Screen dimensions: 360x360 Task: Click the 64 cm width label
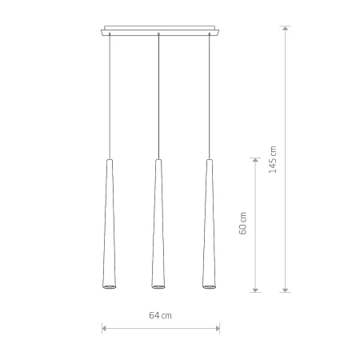160,316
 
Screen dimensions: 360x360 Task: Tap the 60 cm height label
243,223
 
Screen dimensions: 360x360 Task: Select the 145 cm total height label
273,160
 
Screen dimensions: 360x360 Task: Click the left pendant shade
110,224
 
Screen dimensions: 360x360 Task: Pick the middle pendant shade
158,224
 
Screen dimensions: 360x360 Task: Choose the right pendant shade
210,224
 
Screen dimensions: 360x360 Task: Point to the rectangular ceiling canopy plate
160,30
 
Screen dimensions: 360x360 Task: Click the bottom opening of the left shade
110,286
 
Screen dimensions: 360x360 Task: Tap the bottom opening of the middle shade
158,286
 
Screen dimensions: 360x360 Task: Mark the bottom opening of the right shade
210,286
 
